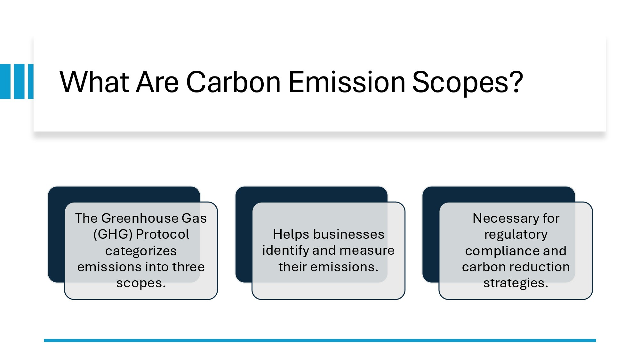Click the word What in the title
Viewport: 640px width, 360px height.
[94, 82]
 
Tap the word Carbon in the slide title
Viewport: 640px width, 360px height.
[233, 82]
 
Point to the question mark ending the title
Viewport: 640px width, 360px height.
[516, 82]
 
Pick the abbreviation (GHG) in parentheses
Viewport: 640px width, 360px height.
[113, 235]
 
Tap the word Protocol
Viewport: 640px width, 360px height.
[163, 235]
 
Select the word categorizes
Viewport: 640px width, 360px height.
[141, 251]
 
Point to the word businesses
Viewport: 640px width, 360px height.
[348, 234]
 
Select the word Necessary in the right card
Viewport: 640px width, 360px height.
[505, 218]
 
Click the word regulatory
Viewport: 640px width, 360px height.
[516, 235]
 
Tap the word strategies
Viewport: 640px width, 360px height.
[516, 283]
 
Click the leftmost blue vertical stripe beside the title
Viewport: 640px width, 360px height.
[5, 82]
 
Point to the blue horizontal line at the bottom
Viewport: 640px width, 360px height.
[320, 340]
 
